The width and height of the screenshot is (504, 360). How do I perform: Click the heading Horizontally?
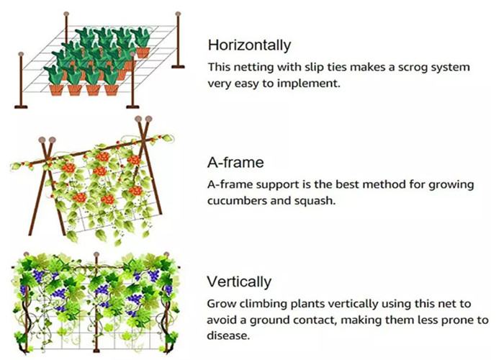tap(249, 45)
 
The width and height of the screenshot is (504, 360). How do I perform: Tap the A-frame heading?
tap(235, 162)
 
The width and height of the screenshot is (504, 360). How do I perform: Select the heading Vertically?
tap(239, 282)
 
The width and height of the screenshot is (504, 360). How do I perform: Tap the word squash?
tap(315, 201)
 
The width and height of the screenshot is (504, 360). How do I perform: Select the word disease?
tap(228, 336)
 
